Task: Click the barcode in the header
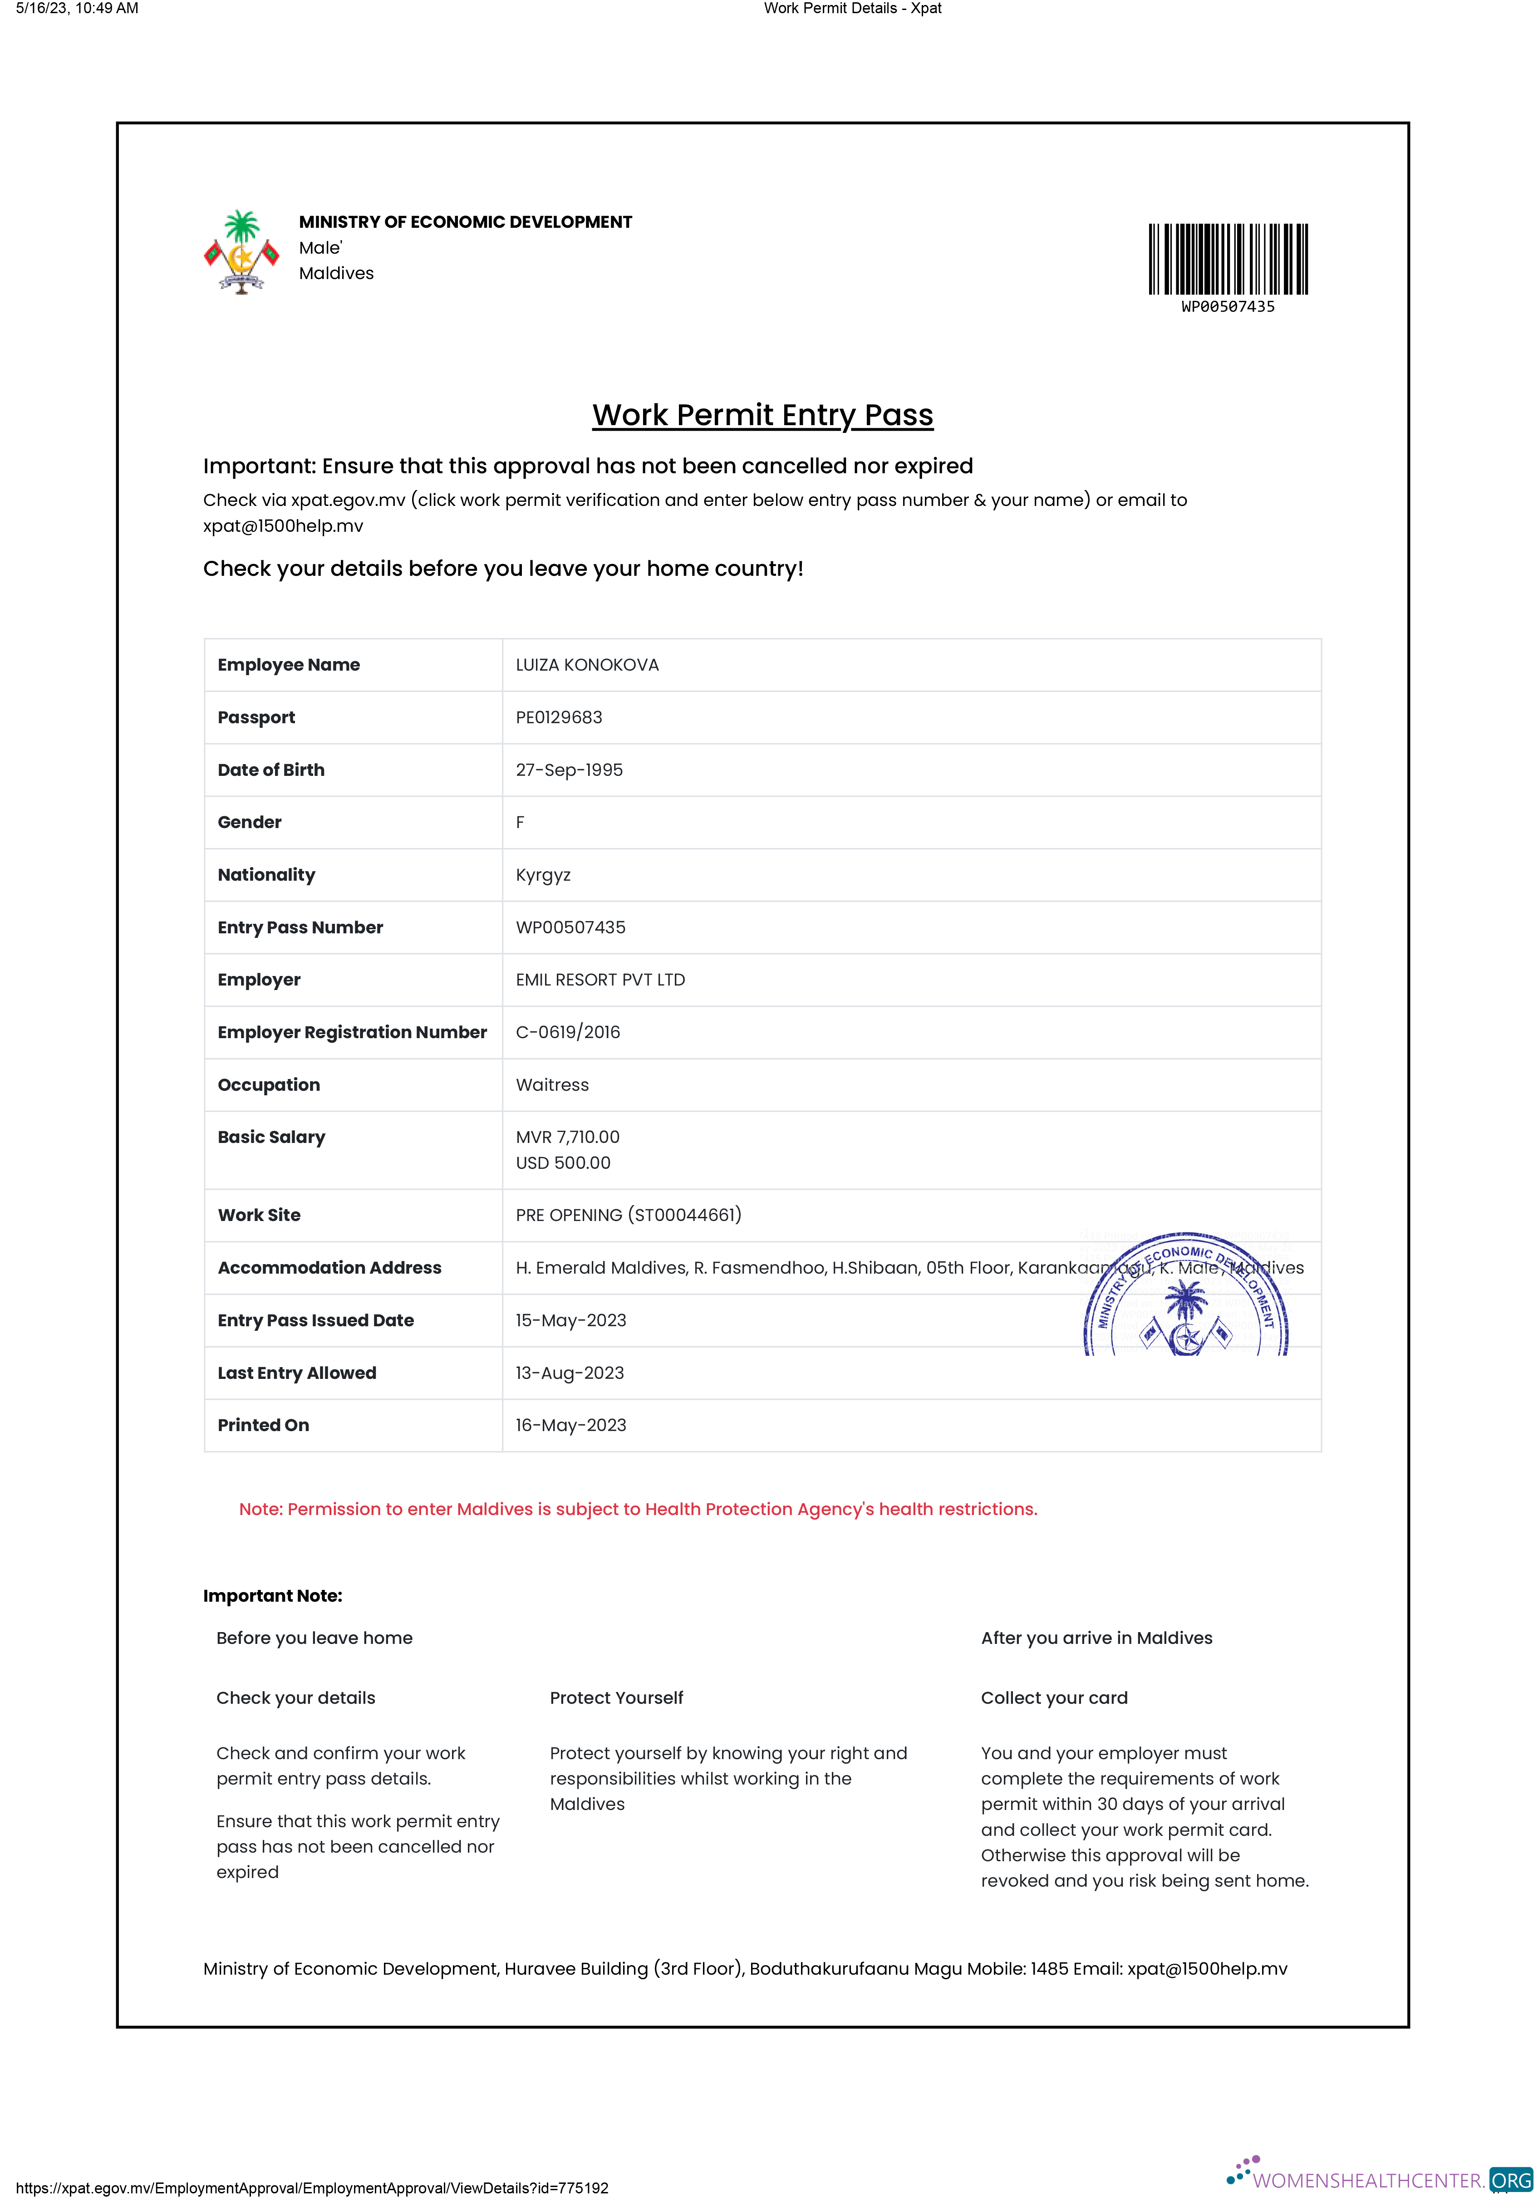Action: (x=1228, y=260)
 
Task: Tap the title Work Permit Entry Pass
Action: (x=762, y=415)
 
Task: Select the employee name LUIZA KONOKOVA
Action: (x=587, y=665)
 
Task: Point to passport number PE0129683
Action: (x=559, y=718)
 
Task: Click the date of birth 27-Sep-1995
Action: (x=569, y=770)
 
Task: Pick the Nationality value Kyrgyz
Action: (x=543, y=875)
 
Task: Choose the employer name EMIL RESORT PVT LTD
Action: (x=600, y=980)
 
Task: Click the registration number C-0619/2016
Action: (x=568, y=1032)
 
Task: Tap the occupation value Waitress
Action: (x=552, y=1085)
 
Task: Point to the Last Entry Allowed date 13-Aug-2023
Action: (x=570, y=1373)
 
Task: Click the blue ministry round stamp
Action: (x=1186, y=1297)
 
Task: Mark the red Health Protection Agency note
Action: (x=638, y=1509)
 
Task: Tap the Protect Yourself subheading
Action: (x=616, y=1697)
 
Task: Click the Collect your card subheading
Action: (x=1054, y=1697)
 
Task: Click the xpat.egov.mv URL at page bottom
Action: (x=312, y=2187)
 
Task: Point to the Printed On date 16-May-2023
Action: (x=570, y=1426)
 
